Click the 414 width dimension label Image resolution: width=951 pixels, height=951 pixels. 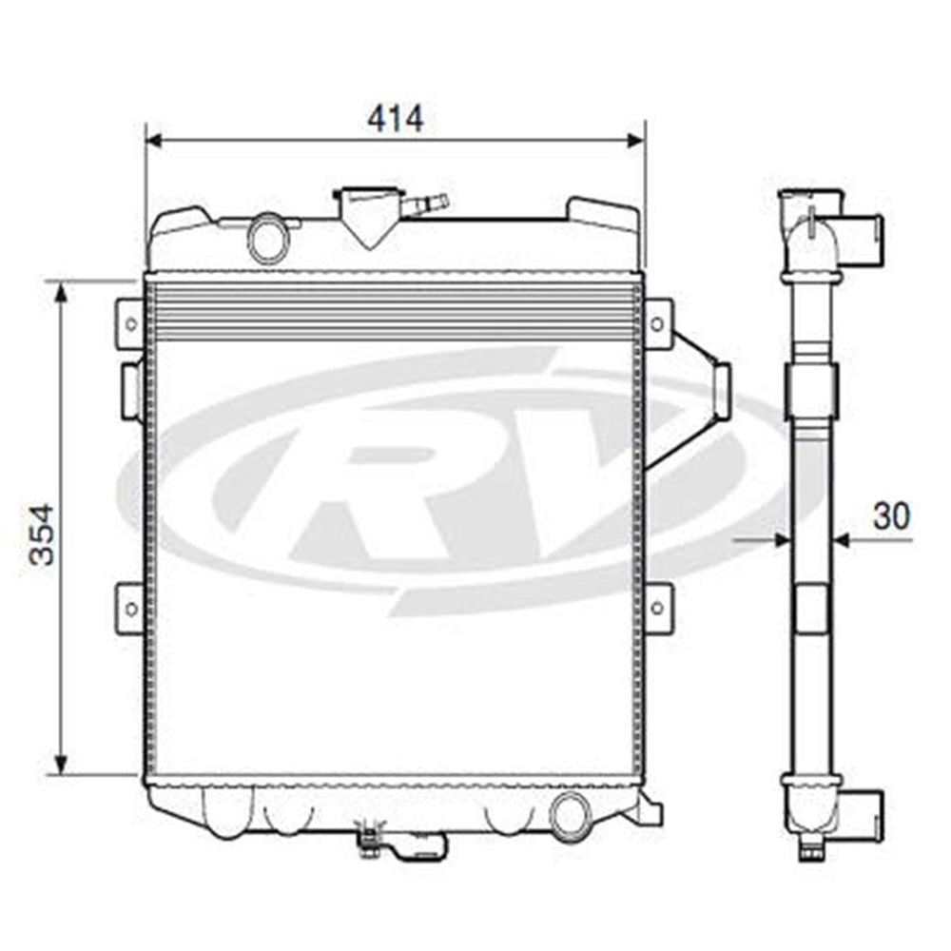(395, 119)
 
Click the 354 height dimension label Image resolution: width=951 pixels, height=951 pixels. (42, 534)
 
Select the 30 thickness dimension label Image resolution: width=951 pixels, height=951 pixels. (891, 515)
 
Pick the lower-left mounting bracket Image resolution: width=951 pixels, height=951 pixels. (128, 607)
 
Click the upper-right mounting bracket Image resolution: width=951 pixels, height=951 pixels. (657, 323)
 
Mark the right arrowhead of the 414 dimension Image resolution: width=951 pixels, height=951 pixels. (636, 141)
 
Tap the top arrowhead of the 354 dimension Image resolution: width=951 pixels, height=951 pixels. (62, 290)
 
